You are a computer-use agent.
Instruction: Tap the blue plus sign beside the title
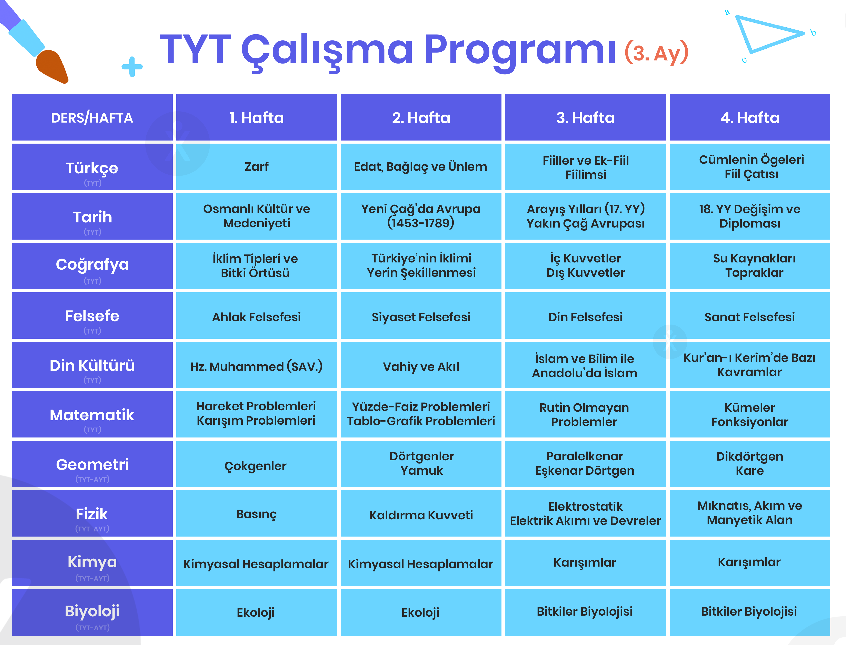point(132,67)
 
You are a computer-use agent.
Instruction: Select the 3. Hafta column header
point(585,117)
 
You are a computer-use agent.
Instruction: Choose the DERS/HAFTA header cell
point(92,117)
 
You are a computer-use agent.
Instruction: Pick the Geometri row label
point(92,464)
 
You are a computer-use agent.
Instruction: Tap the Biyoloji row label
point(92,612)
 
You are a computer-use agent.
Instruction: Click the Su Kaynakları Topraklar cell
point(750,266)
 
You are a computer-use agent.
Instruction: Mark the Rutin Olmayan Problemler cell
point(585,414)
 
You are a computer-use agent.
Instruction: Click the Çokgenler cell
point(256,464)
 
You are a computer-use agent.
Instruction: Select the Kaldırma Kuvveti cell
point(421,513)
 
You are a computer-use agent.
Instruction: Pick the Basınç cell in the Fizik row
point(256,513)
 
